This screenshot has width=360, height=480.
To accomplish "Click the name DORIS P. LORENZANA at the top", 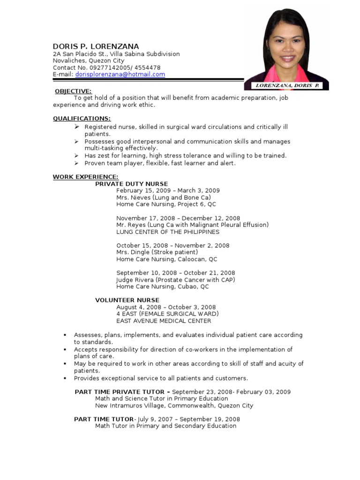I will [96, 46].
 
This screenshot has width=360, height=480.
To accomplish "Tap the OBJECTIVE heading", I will [73, 91].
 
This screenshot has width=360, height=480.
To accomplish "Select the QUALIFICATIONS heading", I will [82, 119].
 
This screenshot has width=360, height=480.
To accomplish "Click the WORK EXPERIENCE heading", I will [85, 177].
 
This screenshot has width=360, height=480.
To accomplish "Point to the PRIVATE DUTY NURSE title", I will [131, 184].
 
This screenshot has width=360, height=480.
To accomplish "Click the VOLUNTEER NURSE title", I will [127, 300].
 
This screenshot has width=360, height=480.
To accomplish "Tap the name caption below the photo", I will [286, 85].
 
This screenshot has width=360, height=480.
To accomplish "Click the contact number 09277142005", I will [111, 67].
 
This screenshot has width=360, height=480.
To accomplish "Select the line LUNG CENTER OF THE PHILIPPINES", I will [167, 232].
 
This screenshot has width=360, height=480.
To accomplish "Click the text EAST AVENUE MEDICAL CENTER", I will [164, 321].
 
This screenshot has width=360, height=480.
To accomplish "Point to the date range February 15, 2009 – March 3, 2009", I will [168, 191].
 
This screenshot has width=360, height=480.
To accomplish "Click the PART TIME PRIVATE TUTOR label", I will [120, 392].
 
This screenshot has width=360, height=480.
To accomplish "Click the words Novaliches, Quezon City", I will [88, 60].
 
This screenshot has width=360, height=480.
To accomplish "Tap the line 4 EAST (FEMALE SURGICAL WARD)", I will [167, 314].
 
